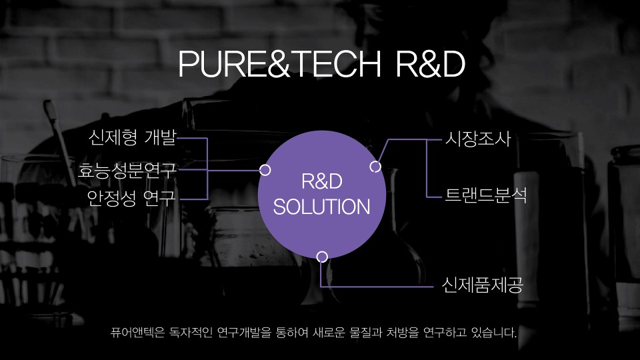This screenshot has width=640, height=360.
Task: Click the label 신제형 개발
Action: click(133, 137)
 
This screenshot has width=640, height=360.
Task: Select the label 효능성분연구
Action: click(127, 170)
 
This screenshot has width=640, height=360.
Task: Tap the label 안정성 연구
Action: click(131, 198)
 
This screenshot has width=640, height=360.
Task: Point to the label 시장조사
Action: click(478, 139)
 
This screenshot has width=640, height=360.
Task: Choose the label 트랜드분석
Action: click(486, 195)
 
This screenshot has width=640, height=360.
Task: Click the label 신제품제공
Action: click(483, 285)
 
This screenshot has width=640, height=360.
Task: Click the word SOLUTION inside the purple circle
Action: click(321, 207)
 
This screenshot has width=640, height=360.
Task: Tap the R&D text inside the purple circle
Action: click(321, 181)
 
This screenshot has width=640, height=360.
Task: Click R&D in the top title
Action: click(431, 64)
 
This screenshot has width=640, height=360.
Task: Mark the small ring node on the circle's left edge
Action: click(265, 170)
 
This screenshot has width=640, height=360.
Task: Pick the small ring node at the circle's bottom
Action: click(322, 257)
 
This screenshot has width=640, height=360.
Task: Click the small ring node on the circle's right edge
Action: click(375, 167)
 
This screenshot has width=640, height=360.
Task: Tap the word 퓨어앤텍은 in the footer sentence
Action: click(137, 332)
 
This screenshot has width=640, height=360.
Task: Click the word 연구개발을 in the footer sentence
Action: click(244, 332)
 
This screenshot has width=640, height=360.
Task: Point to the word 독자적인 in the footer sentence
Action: click(191, 332)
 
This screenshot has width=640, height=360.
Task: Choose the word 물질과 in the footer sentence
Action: click(366, 332)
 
